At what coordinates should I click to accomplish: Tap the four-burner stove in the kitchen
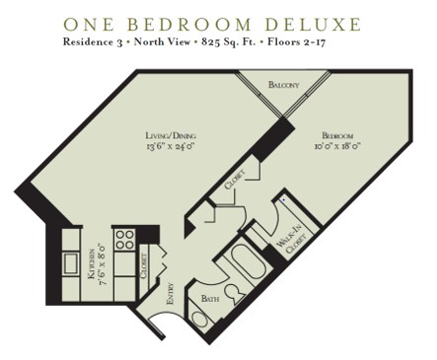click(x=125, y=238)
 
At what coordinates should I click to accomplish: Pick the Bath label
click(x=210, y=298)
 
